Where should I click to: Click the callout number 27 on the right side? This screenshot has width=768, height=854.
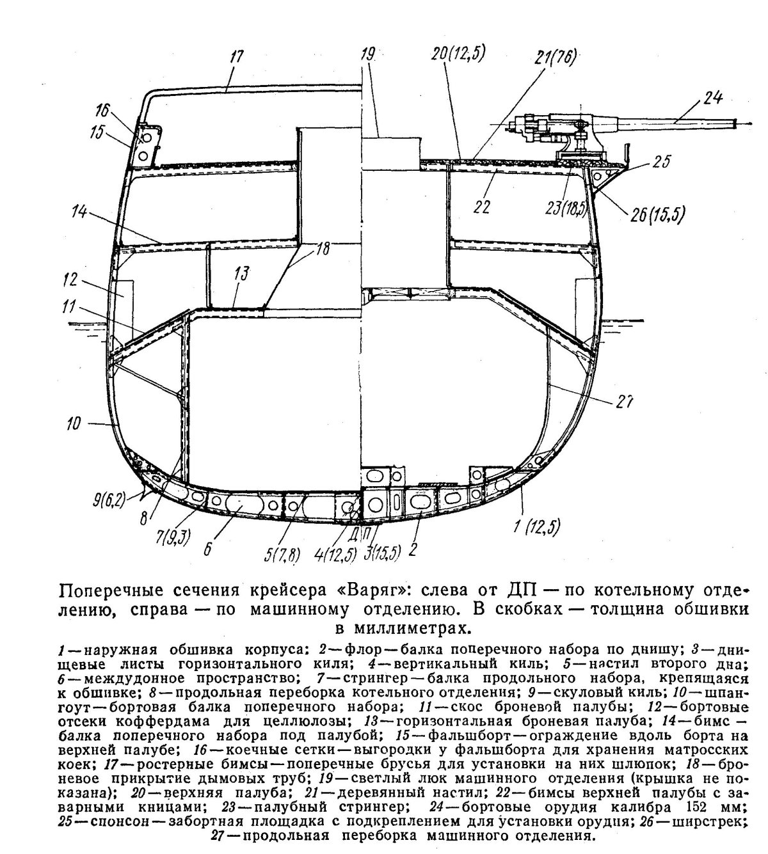pyautogui.click(x=625, y=402)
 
